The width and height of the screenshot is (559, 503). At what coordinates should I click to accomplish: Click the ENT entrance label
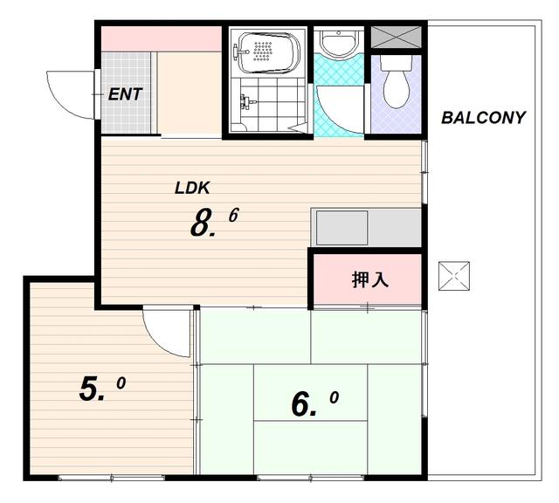(x=125, y=94)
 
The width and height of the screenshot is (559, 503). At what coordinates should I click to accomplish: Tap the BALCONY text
(x=483, y=118)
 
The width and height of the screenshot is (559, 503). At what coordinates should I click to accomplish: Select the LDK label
(x=192, y=189)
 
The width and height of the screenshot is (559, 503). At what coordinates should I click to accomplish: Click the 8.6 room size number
(x=214, y=223)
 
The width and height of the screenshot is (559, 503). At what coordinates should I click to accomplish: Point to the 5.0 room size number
(x=102, y=389)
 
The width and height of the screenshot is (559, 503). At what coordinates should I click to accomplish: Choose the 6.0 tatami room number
(x=314, y=403)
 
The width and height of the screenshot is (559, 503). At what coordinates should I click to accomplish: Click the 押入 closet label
(x=369, y=279)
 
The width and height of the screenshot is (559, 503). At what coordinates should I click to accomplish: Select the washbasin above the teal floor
(x=339, y=43)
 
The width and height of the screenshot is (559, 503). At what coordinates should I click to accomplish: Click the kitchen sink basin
(x=342, y=228)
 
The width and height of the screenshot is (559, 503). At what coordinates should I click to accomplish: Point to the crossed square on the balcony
(x=454, y=276)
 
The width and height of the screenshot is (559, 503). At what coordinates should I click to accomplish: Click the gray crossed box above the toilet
(x=396, y=37)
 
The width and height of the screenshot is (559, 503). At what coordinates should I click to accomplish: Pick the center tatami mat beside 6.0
(x=310, y=392)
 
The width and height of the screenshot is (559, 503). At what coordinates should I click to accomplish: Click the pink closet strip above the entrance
(x=161, y=38)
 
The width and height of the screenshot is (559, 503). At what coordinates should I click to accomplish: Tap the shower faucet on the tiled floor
(x=247, y=101)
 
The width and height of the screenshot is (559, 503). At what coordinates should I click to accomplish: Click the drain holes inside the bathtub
(x=263, y=51)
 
